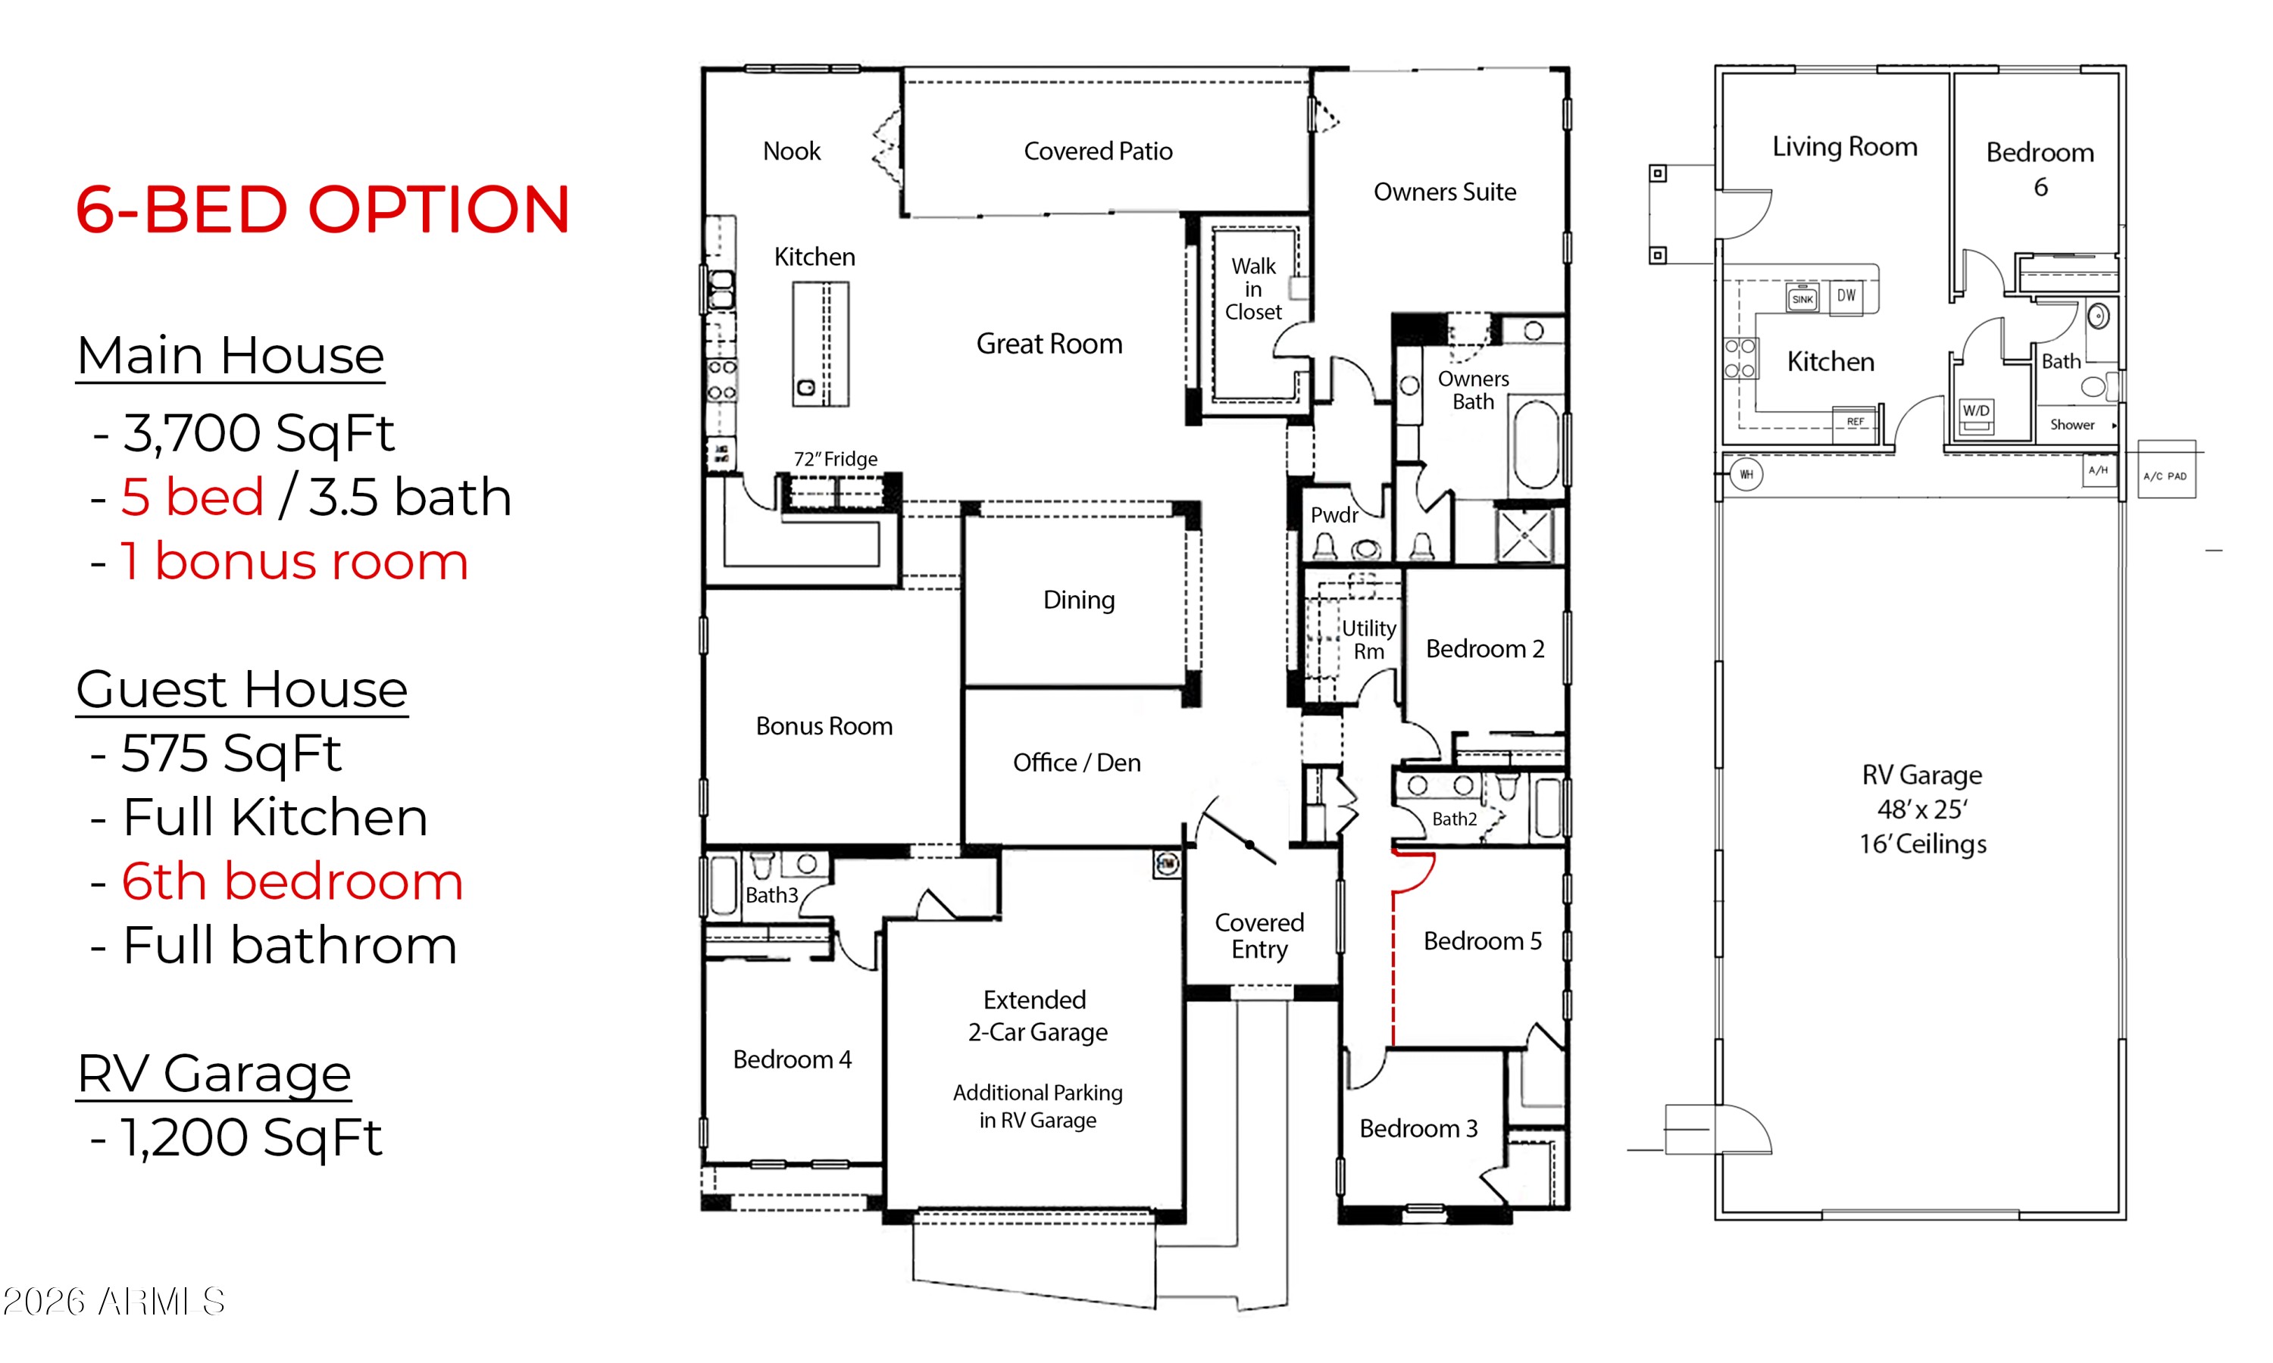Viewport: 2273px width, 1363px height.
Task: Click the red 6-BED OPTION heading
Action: [323, 210]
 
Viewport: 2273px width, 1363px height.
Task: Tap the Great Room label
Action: [1049, 344]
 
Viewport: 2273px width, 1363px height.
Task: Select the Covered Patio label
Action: [1098, 151]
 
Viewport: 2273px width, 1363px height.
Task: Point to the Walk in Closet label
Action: [1253, 289]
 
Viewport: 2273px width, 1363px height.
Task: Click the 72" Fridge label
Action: [835, 458]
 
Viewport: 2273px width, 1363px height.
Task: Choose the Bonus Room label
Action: [824, 725]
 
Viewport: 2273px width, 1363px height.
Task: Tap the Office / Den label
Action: [1077, 763]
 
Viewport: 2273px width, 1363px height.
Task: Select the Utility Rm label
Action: [1369, 639]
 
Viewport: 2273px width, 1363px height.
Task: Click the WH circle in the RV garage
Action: [1746, 474]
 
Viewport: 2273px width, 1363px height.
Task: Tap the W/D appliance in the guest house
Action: [1976, 414]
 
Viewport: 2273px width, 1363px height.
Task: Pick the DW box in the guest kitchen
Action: [1846, 296]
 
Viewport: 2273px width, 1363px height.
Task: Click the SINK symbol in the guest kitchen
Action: [1802, 298]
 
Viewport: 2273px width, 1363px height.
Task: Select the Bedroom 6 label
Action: [2040, 169]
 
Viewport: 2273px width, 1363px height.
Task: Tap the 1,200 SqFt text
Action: [251, 1137]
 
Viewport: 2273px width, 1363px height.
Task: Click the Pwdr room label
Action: [1334, 514]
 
